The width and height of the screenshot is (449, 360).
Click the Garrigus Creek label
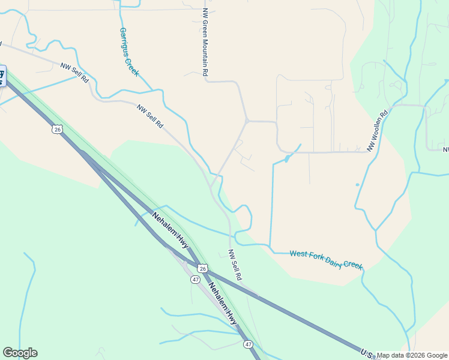[129, 52]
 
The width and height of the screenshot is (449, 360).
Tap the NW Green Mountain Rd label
[205, 42]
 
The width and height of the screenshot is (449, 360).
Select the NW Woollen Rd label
[378, 129]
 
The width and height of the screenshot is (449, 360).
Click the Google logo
[20, 353]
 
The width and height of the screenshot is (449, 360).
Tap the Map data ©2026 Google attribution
[412, 355]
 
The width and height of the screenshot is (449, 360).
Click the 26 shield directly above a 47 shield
[203, 268]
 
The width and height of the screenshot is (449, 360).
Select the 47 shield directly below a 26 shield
[196, 280]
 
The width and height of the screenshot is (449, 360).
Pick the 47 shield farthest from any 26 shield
[248, 344]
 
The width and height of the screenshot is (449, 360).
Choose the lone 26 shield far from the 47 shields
[57, 129]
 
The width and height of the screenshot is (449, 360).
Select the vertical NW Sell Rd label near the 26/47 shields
[235, 265]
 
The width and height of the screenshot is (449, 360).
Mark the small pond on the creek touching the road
[287, 158]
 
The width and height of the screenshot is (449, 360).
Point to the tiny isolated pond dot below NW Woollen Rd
[357, 184]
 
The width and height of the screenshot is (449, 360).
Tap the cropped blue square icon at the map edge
[2, 76]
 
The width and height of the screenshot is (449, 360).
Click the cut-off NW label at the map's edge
[445, 149]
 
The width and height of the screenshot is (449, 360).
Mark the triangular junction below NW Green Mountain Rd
[247, 121]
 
